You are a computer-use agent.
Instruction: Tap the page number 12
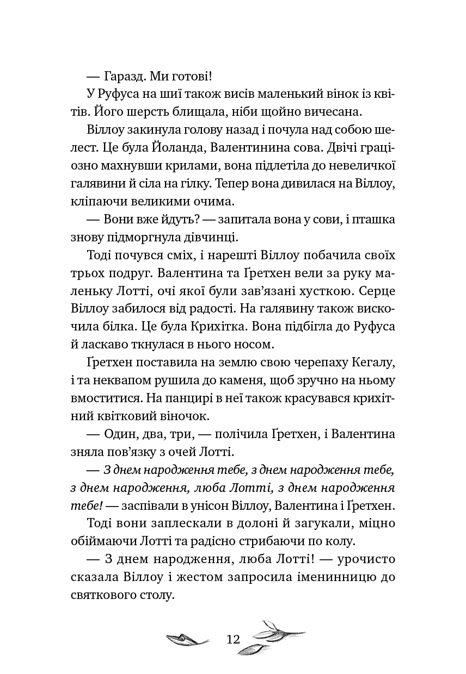[233, 639]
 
